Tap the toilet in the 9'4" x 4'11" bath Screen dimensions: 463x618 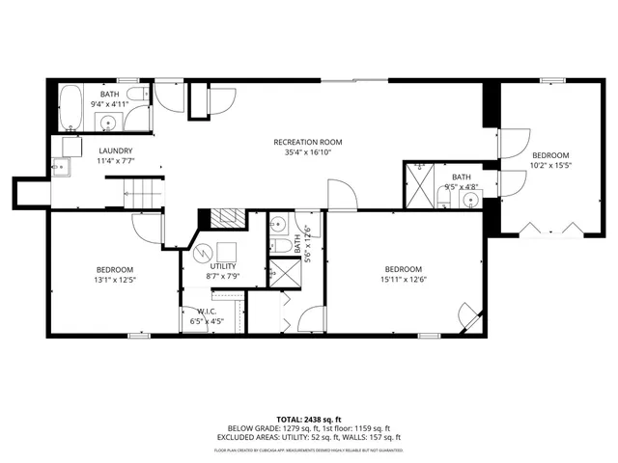137,95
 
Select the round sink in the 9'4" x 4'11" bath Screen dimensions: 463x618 108,123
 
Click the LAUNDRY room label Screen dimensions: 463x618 115,150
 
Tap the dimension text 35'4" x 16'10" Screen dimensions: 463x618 309,152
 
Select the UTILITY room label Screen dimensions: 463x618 223,265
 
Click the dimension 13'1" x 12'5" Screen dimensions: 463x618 114,280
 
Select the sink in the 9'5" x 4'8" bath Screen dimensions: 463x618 470,201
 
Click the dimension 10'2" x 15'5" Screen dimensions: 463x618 550,166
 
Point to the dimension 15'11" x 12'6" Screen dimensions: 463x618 404,280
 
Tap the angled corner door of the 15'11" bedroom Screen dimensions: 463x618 468,315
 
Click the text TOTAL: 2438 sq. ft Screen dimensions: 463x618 308,420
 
